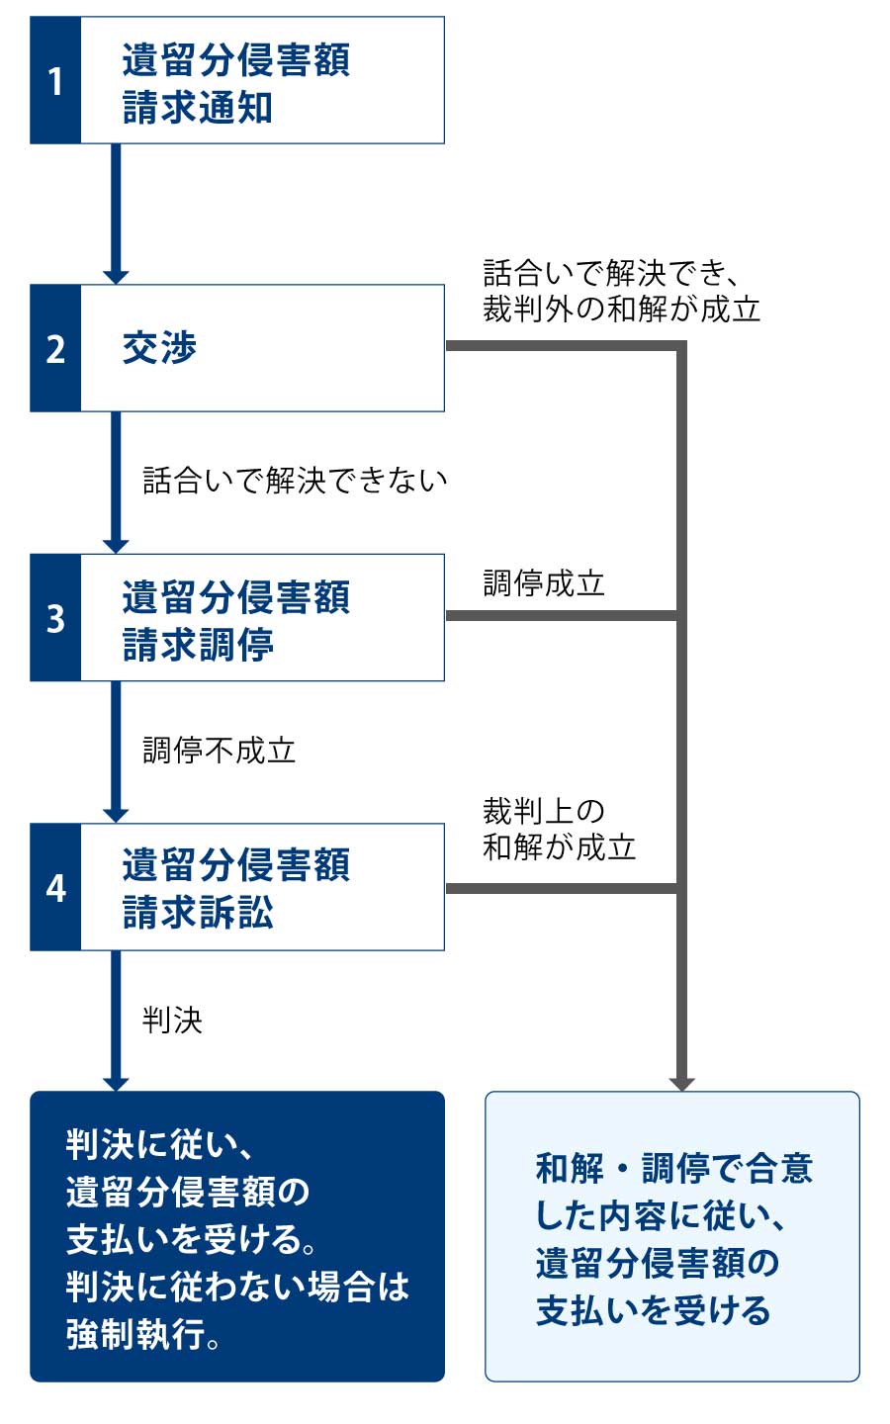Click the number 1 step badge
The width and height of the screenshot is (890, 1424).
coord(55,80)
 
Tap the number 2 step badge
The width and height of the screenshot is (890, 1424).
coord(55,348)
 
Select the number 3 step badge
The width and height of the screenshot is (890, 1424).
coord(55,617)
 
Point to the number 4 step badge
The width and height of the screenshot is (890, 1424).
coord(55,887)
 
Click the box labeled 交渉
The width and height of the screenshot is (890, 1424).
coord(237,348)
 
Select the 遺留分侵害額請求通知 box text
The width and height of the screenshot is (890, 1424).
coord(235,83)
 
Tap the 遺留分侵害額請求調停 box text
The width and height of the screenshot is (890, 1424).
coord(235,620)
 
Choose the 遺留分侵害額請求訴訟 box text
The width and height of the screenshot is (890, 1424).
coord(235,888)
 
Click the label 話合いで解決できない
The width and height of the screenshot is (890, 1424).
coord(295,480)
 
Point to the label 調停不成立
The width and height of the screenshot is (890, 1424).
coord(219,751)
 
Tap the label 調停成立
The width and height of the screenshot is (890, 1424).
coord(544,583)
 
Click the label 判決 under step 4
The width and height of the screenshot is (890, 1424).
coord(172,1021)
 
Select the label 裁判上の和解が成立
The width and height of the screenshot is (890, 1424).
coord(559,829)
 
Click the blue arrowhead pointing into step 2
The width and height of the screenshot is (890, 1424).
coord(116,277)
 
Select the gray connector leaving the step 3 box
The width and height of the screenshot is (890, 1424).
coord(562,615)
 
